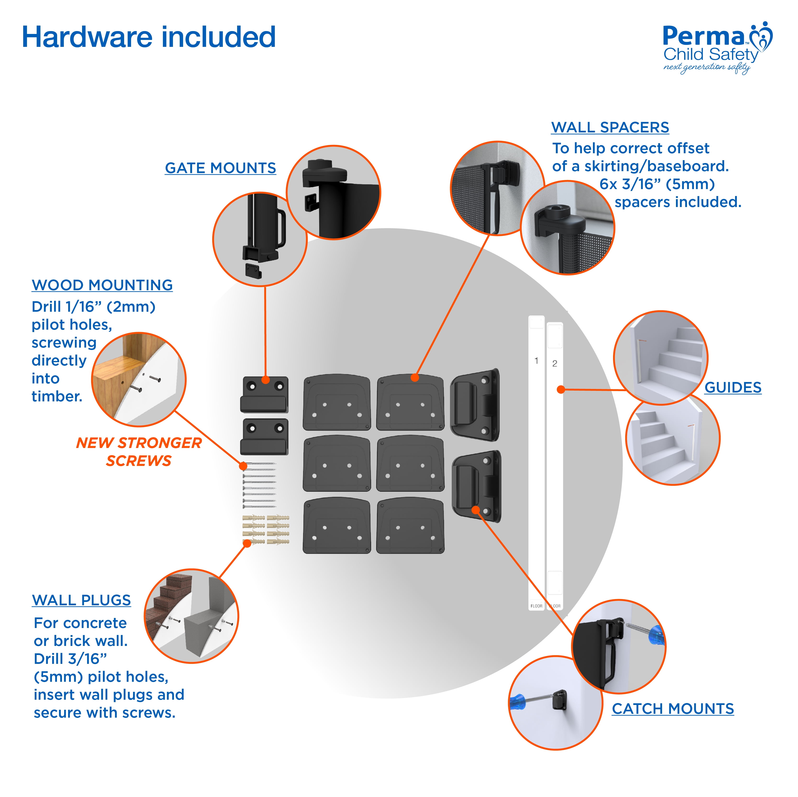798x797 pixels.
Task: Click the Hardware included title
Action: point(149,37)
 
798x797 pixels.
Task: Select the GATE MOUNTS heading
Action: point(220,168)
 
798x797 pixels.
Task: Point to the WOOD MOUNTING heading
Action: point(102,285)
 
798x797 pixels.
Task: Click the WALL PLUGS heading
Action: point(81,600)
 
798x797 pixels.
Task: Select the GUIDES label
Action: point(732,387)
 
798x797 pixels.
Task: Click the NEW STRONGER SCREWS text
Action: point(139,452)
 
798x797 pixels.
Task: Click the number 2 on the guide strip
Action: point(554,363)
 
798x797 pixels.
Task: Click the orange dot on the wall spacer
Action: point(415,377)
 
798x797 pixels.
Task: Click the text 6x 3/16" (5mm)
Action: point(657,184)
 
